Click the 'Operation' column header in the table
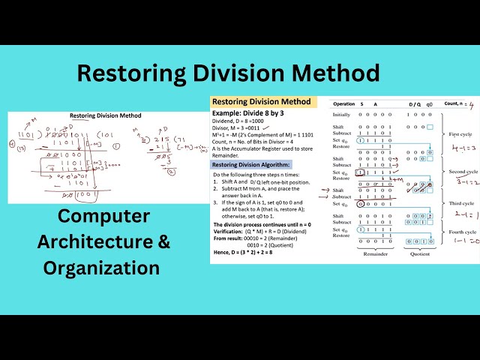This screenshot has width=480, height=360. click(344, 103)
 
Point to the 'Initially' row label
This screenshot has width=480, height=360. click(341, 115)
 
